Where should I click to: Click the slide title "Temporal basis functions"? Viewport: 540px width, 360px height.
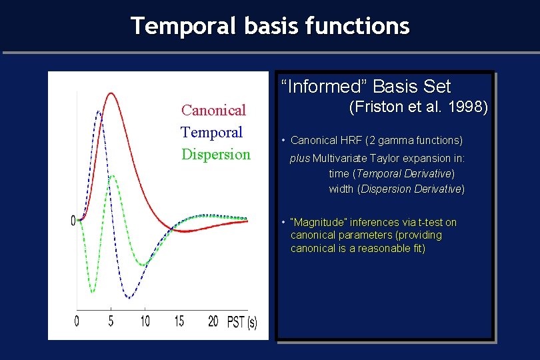[271, 26]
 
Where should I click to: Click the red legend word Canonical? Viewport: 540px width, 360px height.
[213, 110]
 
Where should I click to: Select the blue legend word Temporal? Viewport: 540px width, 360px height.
[211, 133]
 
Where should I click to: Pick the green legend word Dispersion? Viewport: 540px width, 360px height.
[216, 155]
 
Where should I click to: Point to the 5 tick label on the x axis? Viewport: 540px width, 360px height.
[111, 321]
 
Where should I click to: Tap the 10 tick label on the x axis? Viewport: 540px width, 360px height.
[145, 321]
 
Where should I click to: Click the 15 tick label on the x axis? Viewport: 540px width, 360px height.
[179, 321]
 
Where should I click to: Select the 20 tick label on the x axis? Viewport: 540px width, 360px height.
[213, 321]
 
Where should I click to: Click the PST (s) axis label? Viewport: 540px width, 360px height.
[242, 322]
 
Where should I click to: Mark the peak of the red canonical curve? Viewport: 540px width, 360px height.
[111, 93]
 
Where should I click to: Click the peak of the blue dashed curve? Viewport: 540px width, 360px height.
[99, 111]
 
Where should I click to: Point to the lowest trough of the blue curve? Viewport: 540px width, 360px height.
[129, 297]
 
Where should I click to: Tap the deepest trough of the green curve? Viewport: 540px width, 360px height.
[92, 292]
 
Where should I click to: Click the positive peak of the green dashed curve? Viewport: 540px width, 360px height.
[112, 176]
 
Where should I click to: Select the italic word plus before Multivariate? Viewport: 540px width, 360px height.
[300, 159]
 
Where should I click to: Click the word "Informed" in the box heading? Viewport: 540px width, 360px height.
[325, 87]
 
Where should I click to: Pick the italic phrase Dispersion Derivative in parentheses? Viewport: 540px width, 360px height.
[411, 189]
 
